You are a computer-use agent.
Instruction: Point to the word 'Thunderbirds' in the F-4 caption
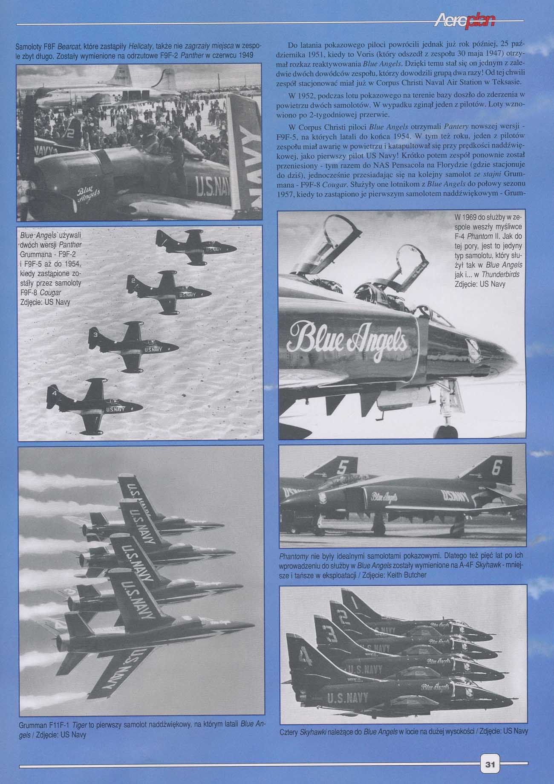coord(500,275)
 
